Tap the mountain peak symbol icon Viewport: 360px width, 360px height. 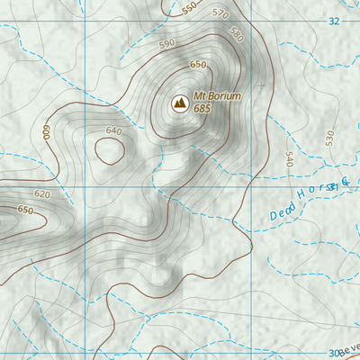(178, 103)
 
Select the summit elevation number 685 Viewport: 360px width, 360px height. (202, 109)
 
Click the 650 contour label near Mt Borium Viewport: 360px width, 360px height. (198, 66)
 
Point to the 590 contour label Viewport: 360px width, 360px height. (166, 43)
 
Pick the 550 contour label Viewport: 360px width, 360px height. (189, 8)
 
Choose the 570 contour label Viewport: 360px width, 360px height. (220, 13)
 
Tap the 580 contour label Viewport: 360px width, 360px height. (237, 34)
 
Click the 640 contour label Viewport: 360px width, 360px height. (112, 131)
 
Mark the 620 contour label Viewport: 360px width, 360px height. (41, 194)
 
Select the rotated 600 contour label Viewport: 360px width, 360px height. (45, 131)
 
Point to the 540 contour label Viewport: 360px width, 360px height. (289, 158)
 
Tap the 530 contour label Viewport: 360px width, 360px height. (329, 138)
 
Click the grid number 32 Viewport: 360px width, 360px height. (335, 20)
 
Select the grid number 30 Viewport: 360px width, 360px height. (335, 353)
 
